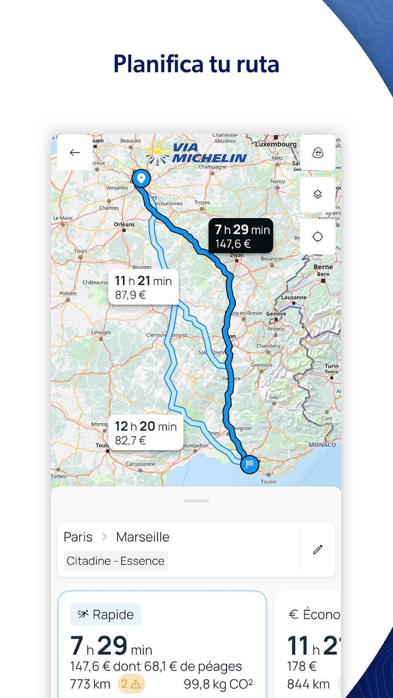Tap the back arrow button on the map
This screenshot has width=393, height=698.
coord(75,153)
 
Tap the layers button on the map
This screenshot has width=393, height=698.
coord(317,194)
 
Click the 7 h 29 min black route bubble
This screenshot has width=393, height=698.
coord(241,236)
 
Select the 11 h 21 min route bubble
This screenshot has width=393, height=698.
coord(143,287)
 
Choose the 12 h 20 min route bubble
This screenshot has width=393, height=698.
coord(146,432)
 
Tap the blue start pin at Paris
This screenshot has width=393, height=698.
coord(141,178)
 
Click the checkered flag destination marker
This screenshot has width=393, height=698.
coord(249,464)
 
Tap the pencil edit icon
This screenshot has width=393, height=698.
coord(318,549)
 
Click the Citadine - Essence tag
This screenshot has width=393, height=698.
coord(115,561)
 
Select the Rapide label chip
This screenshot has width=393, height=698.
coord(105,615)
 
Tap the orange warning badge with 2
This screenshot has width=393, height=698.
coord(131,684)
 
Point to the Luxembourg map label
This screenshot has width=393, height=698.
coord(276,144)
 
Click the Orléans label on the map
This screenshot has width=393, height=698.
coord(124,224)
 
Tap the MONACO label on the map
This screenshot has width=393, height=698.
coord(322,444)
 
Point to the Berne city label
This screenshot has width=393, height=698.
coord(323,267)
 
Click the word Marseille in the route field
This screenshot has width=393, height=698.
coord(143,537)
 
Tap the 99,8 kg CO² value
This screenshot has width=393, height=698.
coord(218,684)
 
